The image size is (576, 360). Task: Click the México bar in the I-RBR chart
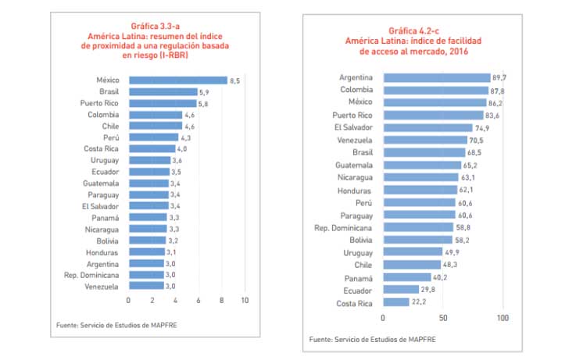point(177,80)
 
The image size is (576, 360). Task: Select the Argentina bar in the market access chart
point(436,77)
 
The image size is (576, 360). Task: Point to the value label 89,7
point(500,77)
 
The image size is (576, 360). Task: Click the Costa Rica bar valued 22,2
point(395,302)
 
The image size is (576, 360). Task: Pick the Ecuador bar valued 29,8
point(400,290)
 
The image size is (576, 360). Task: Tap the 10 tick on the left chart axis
point(245,301)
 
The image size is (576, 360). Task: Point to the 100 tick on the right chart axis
point(503,318)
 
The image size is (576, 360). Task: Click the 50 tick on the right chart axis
point(442,318)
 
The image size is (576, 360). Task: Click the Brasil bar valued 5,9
point(163,91)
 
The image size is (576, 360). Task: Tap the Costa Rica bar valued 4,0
point(152,148)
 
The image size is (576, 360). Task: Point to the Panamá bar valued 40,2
point(406,277)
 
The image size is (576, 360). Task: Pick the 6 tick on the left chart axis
point(199,301)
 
